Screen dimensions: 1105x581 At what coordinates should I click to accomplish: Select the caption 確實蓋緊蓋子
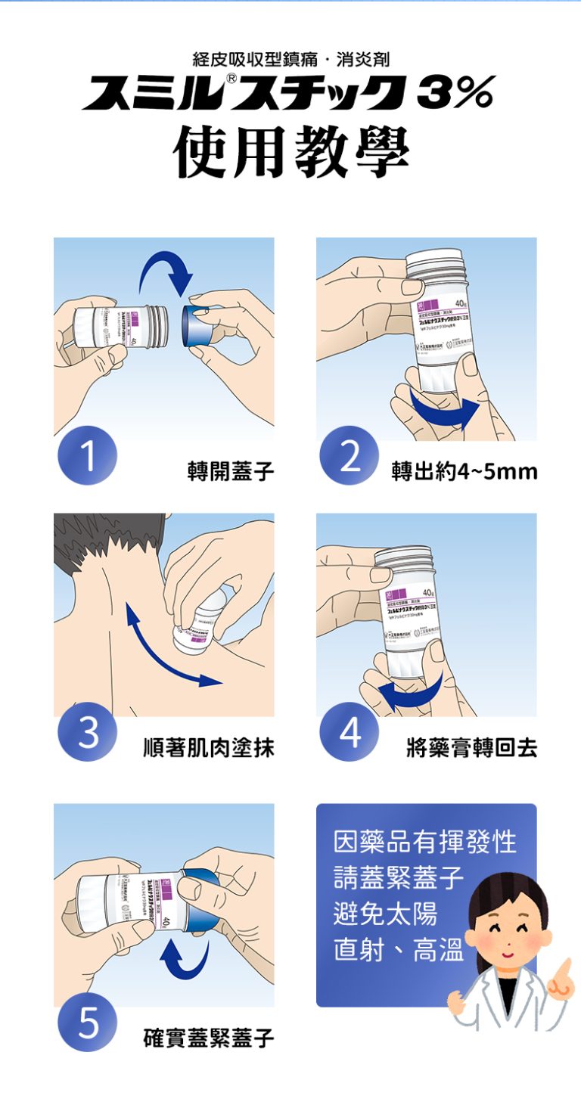click(209, 1038)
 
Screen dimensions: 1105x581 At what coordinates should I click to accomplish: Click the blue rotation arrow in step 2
click(443, 409)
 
